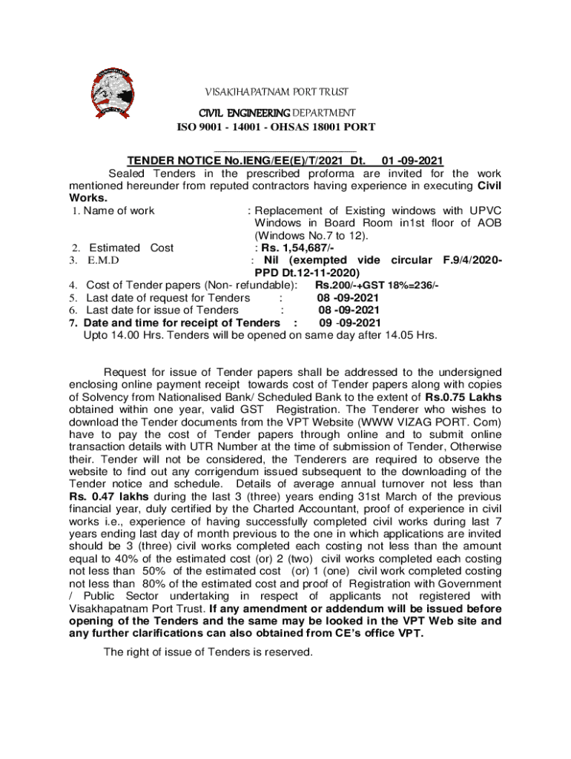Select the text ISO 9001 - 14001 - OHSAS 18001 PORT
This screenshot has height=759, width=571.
click(x=275, y=127)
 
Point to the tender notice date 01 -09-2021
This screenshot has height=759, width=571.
click(x=412, y=159)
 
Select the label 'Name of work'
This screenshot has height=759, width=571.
click(x=119, y=211)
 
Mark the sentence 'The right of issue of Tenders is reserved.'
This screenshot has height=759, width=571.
click(x=208, y=652)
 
